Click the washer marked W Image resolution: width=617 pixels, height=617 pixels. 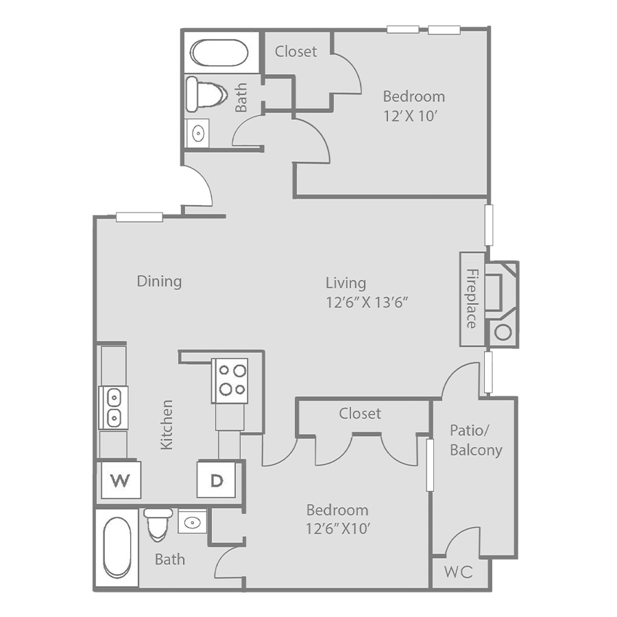pyautogui.click(x=121, y=480)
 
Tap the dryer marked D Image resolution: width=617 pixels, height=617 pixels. pyautogui.click(x=217, y=480)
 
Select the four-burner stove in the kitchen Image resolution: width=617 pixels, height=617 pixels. pyautogui.click(x=230, y=380)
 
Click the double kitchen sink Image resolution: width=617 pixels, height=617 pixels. pyautogui.click(x=113, y=407)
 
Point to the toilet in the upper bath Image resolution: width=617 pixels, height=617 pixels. pyautogui.click(x=206, y=94)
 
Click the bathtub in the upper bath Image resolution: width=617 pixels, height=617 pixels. pyautogui.click(x=219, y=53)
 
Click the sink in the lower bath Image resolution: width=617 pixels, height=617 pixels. pyautogui.click(x=192, y=522)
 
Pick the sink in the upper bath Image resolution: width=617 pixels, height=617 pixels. pyautogui.click(x=197, y=133)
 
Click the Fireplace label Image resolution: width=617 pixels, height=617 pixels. pyautogui.click(x=472, y=299)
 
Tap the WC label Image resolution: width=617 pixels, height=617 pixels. pyautogui.click(x=459, y=572)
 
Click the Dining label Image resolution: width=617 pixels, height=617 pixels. pyautogui.click(x=159, y=282)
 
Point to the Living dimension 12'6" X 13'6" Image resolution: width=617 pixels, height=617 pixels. pyautogui.click(x=367, y=302)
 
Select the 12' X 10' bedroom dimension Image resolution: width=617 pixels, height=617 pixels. pyautogui.click(x=411, y=116)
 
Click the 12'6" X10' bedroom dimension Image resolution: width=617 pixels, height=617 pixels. pyautogui.click(x=339, y=529)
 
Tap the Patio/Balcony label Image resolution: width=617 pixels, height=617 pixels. pyautogui.click(x=476, y=440)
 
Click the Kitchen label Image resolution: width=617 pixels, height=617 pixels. pyautogui.click(x=167, y=424)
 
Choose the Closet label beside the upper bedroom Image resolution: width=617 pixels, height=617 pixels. pyautogui.click(x=296, y=51)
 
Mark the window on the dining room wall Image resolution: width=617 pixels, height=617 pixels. pyautogui.click(x=139, y=217)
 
